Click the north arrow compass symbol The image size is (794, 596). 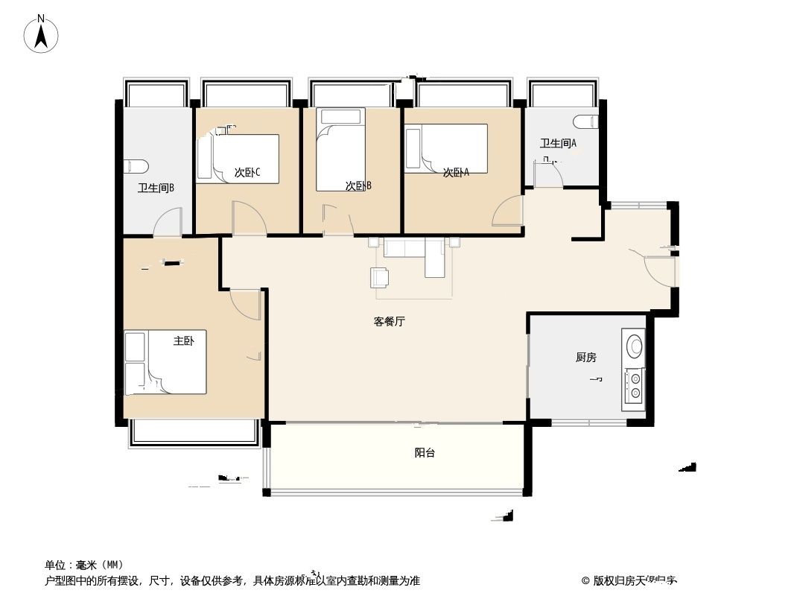tap(42, 34)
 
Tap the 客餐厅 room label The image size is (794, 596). tap(390, 322)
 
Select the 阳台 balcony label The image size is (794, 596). tap(425, 452)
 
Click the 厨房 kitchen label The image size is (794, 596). tap(586, 358)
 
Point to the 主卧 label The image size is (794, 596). tap(183, 341)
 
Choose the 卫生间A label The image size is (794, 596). tap(559, 143)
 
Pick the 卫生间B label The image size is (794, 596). tap(156, 188)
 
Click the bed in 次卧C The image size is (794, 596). tap(238, 158)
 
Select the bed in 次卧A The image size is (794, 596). tap(445, 148)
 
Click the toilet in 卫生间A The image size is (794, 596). tap(587, 120)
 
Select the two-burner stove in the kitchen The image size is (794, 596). tap(635, 384)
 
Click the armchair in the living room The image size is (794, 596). tap(379, 277)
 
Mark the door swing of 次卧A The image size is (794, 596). tap(508, 210)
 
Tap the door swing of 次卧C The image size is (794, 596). tap(248, 217)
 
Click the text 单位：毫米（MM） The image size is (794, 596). tap(84, 565)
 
